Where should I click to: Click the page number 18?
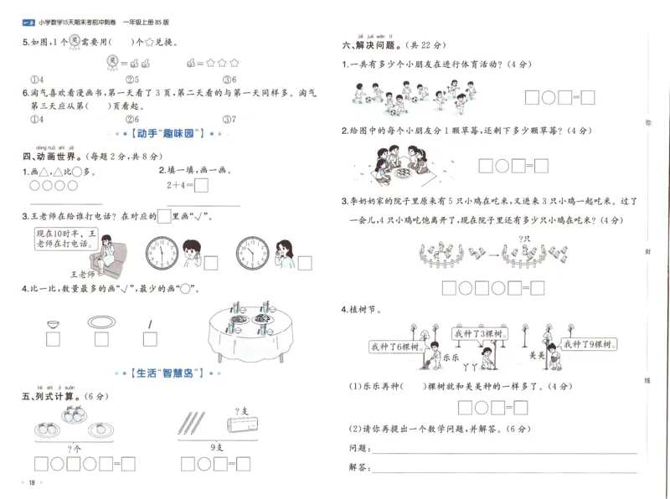click(31, 482)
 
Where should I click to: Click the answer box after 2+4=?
click(201, 185)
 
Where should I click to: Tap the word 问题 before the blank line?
click(358, 449)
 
